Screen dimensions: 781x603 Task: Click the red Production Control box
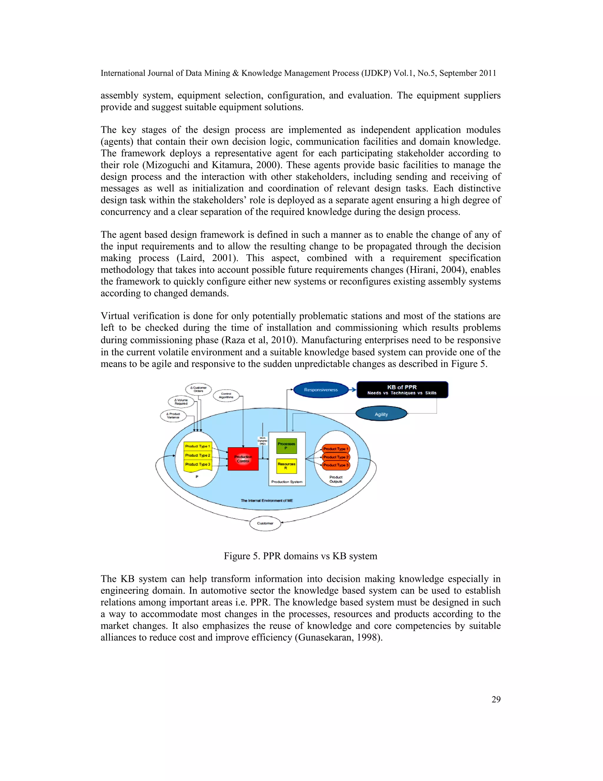coord(243,459)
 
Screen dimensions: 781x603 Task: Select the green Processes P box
coord(286,446)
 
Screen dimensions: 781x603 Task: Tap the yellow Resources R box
coord(286,466)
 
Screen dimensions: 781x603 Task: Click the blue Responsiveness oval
coord(320,390)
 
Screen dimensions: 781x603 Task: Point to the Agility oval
coord(381,414)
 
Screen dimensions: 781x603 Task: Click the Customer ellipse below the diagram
coord(265,523)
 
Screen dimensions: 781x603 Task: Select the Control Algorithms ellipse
coord(226,396)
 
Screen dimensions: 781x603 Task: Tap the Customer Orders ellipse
coord(198,389)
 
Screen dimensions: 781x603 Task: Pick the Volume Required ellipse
coord(181,402)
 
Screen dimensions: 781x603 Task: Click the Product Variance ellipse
coord(173,416)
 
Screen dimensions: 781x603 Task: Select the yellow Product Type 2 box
coord(198,455)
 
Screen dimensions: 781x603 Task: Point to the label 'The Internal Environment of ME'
coord(266,501)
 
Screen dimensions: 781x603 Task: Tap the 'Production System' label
coord(286,482)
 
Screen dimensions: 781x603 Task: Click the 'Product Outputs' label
coord(336,479)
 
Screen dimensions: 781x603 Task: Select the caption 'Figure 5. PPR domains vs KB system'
coord(300,556)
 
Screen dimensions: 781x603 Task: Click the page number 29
coord(496,699)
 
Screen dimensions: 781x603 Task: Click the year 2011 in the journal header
coord(488,73)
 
